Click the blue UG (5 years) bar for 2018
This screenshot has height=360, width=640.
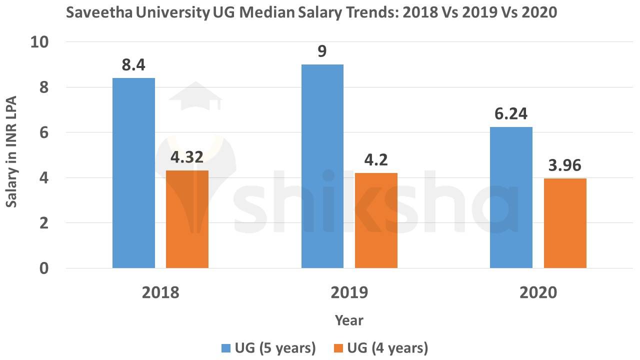tap(133, 173)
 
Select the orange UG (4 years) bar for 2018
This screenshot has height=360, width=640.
tap(187, 219)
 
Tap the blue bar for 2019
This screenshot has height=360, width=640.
tap(322, 166)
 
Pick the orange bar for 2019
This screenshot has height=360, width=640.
tap(376, 220)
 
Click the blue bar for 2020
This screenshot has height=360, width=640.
tap(511, 197)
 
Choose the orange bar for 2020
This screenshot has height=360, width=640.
tap(565, 223)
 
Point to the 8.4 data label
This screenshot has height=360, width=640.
tap(133, 65)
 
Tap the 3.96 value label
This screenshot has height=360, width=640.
tap(565, 165)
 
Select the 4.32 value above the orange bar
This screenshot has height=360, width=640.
tap(187, 157)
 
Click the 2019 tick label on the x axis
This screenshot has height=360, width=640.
tap(349, 292)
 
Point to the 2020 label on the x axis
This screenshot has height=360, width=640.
tap(538, 292)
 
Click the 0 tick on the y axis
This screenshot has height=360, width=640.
tap(44, 268)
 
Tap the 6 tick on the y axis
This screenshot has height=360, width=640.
tap(44, 132)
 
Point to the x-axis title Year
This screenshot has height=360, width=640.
tap(349, 320)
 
